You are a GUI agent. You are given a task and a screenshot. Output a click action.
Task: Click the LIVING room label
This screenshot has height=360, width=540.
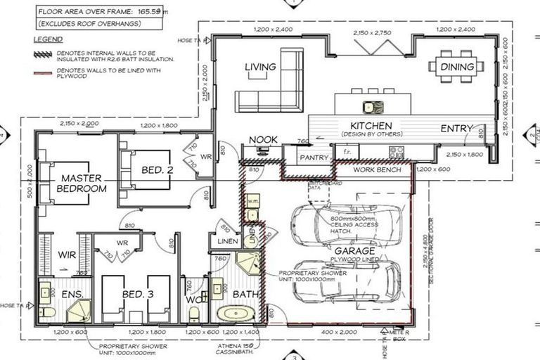click(260, 67)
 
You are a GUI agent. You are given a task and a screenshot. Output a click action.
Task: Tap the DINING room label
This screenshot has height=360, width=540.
click(457, 67)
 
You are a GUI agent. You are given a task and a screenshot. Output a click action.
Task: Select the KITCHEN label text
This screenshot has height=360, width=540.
click(371, 126)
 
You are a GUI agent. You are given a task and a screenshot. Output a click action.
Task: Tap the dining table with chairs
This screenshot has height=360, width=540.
click(457, 67)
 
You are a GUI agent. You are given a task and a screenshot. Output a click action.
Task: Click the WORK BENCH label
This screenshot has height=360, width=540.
click(377, 169)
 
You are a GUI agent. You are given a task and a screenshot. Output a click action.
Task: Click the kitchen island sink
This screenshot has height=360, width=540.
click(369, 107)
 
